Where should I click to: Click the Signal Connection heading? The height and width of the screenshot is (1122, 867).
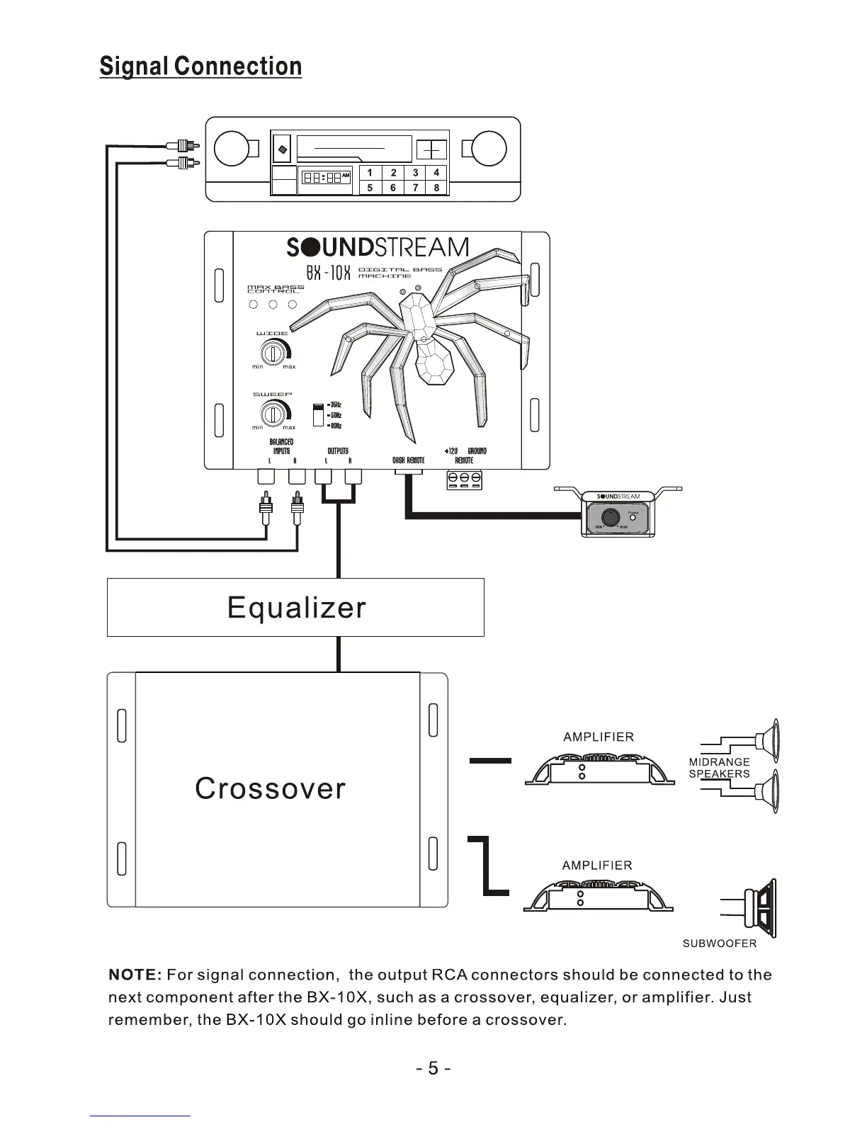[x=200, y=67]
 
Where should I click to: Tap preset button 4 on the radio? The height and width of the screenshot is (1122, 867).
[x=436, y=173]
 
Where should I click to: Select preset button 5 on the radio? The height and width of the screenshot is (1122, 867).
[x=370, y=188]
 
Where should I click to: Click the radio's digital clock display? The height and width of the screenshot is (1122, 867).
[x=326, y=178]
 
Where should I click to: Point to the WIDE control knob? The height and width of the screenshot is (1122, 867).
[x=273, y=351]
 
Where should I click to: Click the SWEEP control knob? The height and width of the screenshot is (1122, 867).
[x=273, y=413]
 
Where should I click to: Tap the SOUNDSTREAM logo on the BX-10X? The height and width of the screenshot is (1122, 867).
[x=377, y=247]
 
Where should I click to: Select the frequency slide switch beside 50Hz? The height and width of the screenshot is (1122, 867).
[x=318, y=415]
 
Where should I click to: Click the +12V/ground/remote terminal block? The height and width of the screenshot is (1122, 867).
[x=464, y=480]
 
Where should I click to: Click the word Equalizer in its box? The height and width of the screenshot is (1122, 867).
[x=296, y=608]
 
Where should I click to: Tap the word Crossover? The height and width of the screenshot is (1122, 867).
[x=270, y=788]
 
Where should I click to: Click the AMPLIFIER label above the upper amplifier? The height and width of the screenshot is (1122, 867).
[x=599, y=737]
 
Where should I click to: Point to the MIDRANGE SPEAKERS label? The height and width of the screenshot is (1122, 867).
[x=719, y=768]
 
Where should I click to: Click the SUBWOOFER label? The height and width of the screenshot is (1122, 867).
[x=719, y=943]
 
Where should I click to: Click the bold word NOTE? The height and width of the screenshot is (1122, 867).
[x=135, y=975]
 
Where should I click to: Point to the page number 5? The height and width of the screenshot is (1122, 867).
[x=433, y=1067]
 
